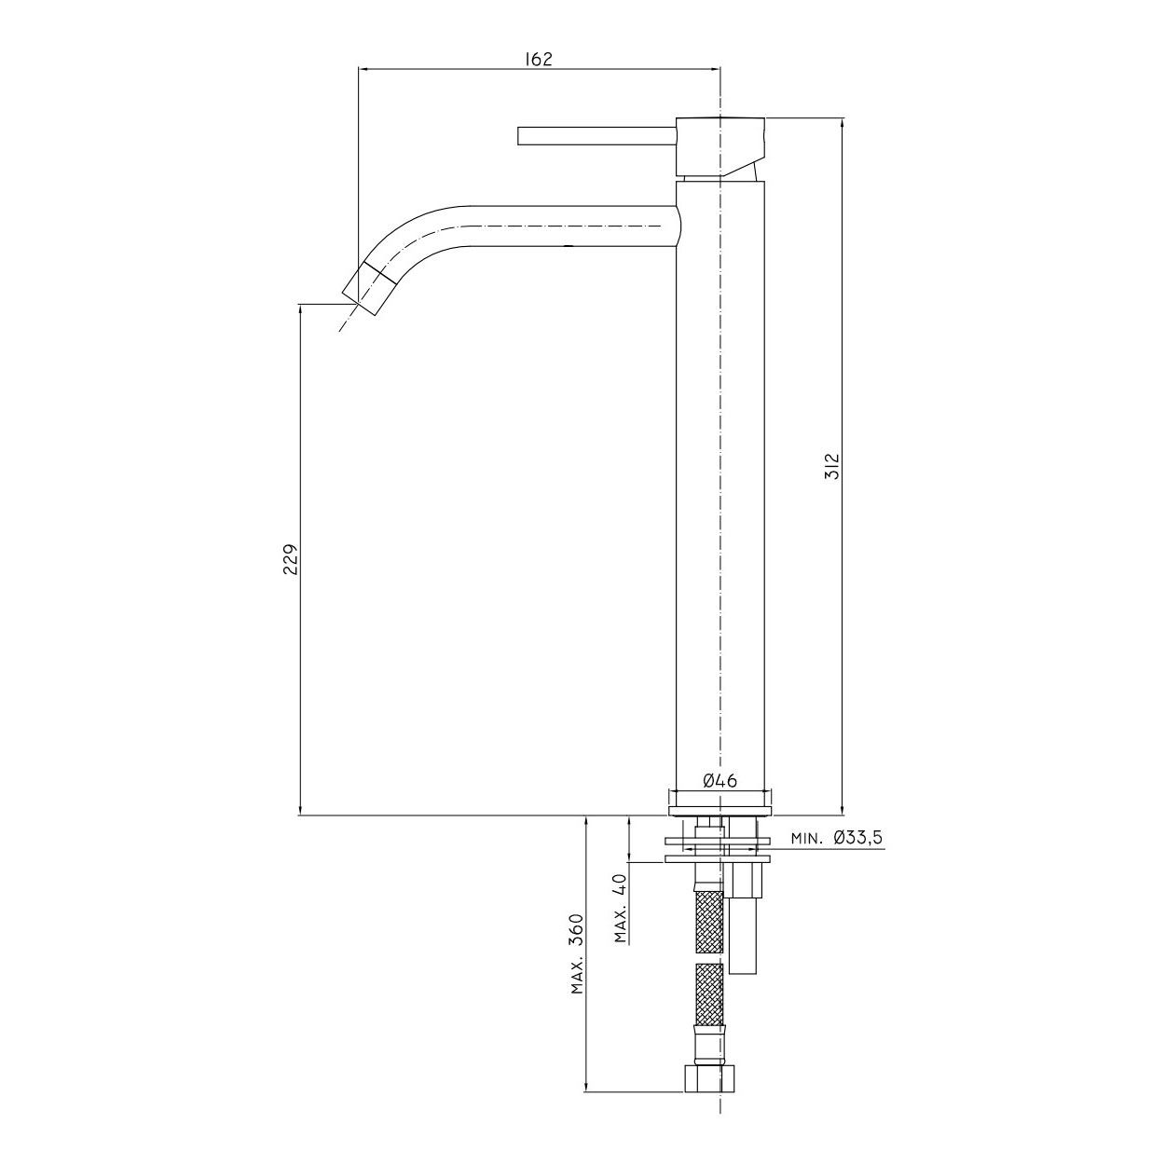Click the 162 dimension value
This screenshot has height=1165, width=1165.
pos(538,59)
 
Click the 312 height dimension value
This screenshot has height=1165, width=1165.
pos(833,466)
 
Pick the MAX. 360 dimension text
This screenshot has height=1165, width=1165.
pos(577,966)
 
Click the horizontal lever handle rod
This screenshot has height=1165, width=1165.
pos(596,136)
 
